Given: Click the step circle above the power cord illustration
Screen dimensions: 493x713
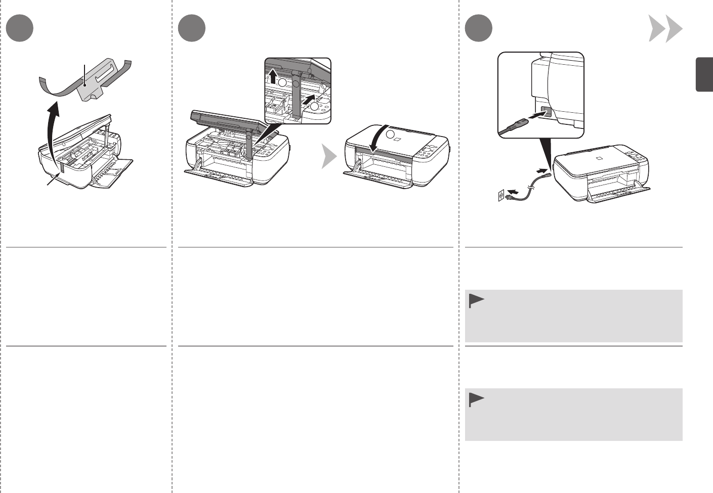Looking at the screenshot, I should (x=478, y=28).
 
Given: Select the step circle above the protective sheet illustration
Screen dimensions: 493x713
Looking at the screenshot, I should (x=20, y=28).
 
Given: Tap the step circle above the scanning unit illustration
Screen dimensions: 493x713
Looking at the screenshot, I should (x=192, y=28).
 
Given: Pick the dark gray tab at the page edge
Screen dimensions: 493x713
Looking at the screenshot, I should (x=704, y=75).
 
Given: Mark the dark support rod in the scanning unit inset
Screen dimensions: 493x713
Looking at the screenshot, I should (x=297, y=99).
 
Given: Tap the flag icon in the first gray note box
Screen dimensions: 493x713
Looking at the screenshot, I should (x=476, y=301).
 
